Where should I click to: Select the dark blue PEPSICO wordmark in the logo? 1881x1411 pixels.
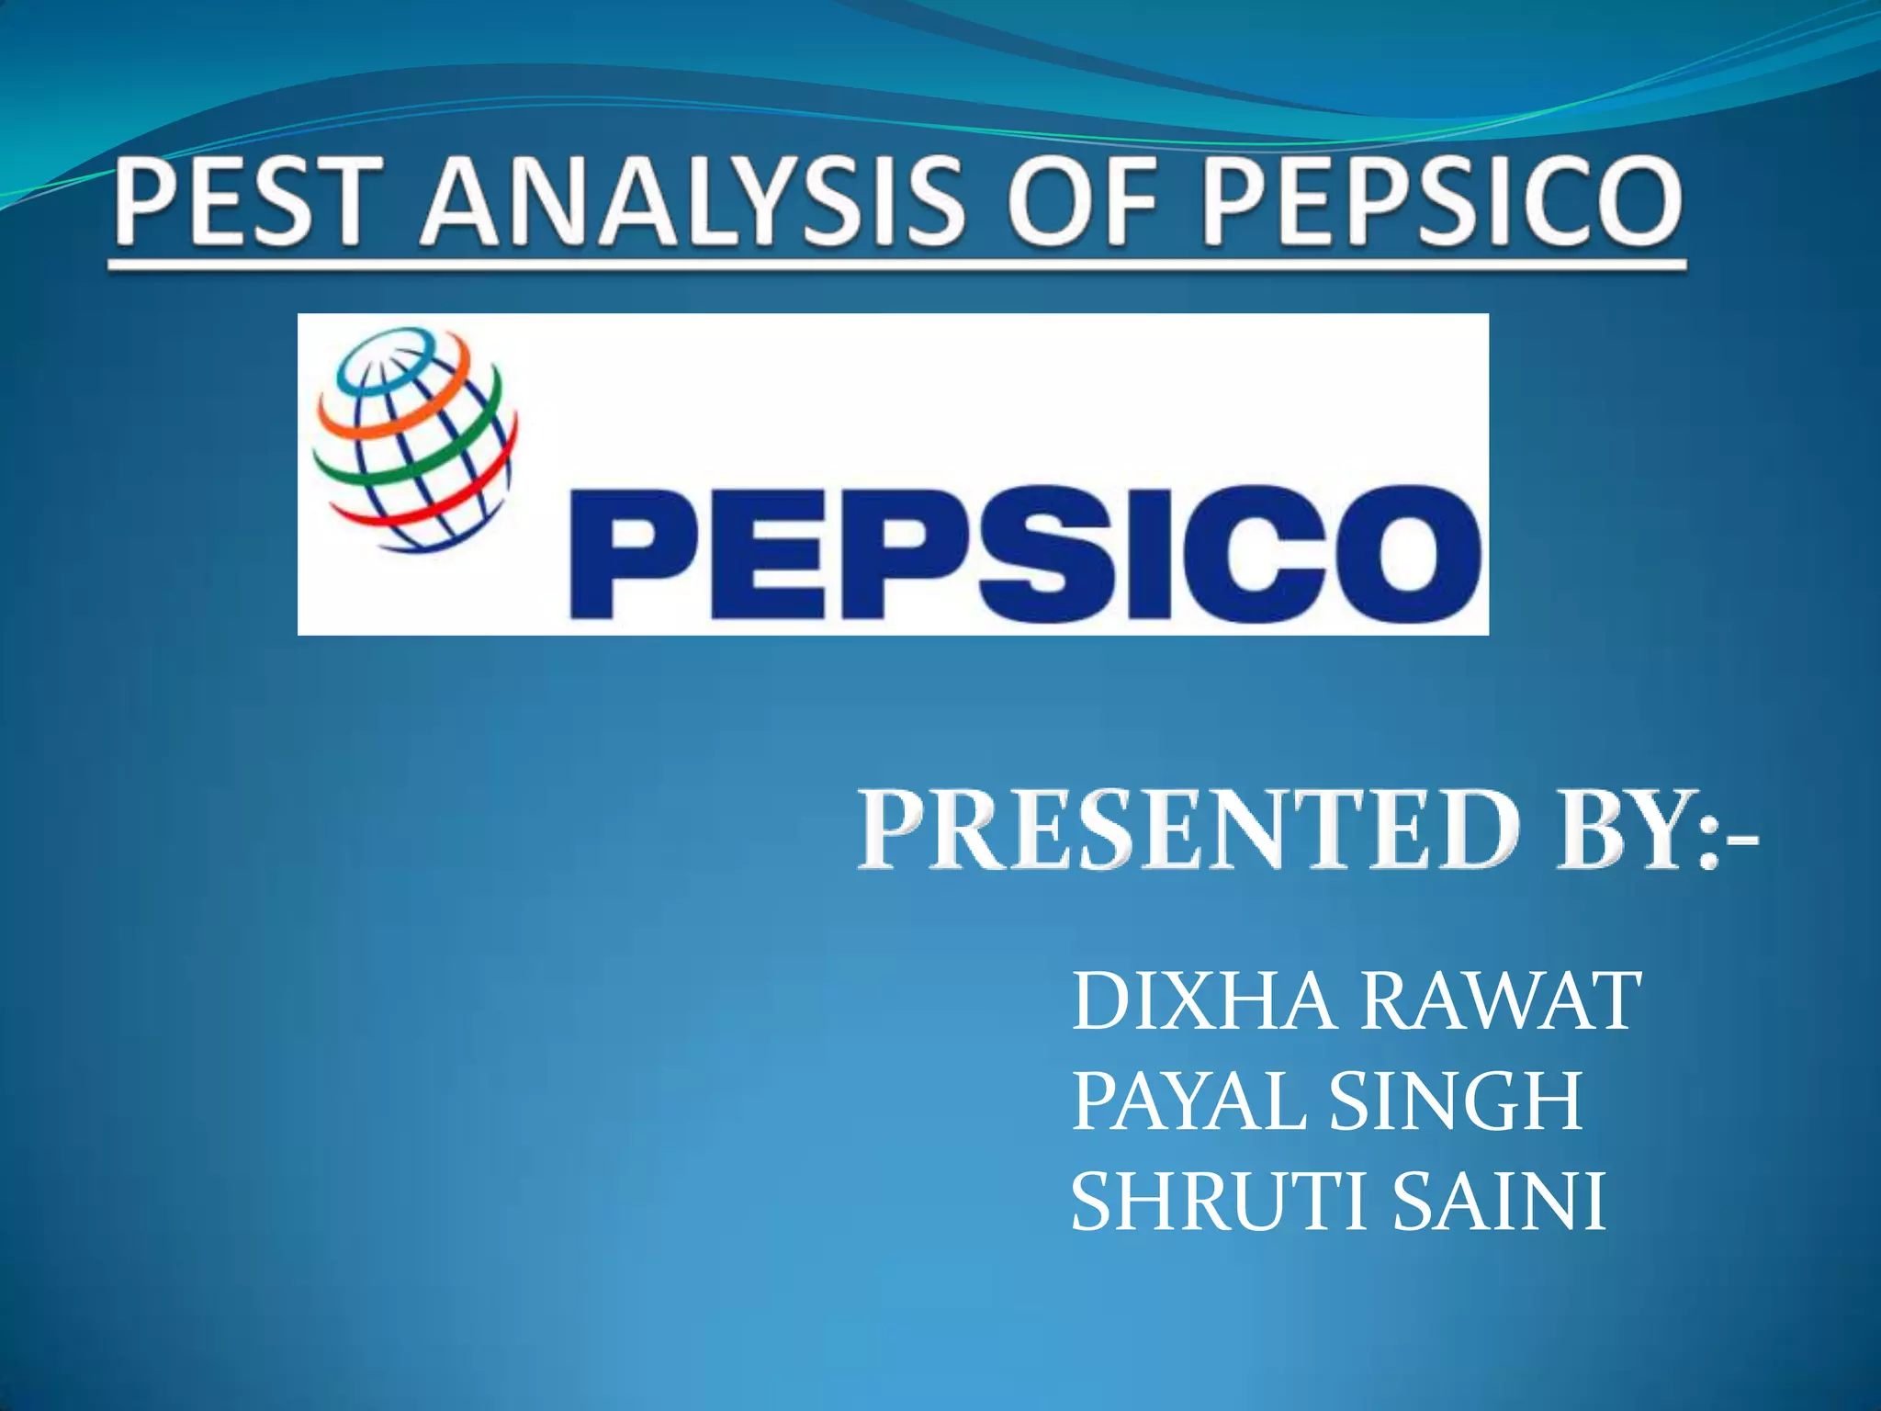point(1024,553)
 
